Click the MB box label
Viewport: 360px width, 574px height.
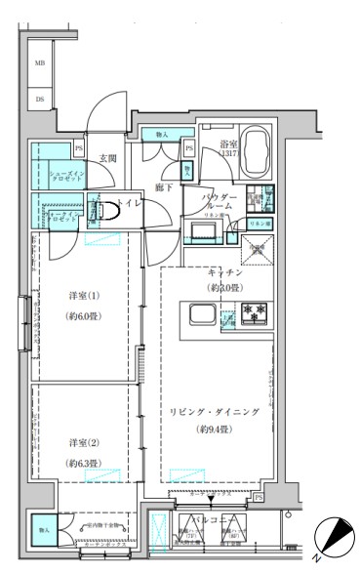(41, 64)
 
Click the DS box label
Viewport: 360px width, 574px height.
(41, 99)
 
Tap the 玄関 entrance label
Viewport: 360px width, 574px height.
(107, 158)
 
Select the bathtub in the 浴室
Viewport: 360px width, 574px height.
(258, 152)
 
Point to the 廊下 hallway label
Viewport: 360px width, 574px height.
(164, 186)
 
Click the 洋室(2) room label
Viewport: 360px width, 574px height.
(84, 439)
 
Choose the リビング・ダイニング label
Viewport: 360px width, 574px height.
(216, 413)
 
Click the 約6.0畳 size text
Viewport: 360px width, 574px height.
(85, 316)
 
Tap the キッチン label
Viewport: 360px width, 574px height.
(224, 272)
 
